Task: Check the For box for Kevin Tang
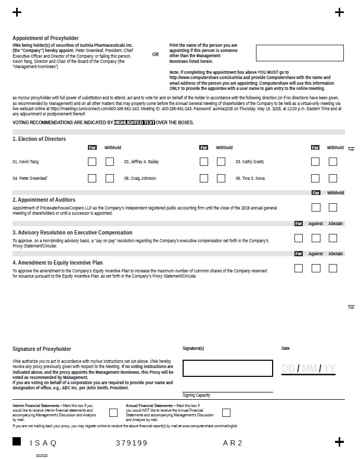tap(92, 162)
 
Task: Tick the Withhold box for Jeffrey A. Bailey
tap(221, 162)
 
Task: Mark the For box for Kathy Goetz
tap(315, 162)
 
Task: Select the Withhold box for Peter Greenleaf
tap(110, 178)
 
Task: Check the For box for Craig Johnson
tap(204, 178)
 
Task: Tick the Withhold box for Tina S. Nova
tap(333, 178)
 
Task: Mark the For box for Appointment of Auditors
tap(315, 207)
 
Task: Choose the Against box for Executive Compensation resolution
tap(316, 238)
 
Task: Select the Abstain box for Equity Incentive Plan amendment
tap(333, 268)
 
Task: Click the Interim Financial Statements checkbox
tap(113, 413)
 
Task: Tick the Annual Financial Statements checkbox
tap(226, 413)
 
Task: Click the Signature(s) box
tap(227, 368)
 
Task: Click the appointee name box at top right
tap(300, 53)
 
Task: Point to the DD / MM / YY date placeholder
tap(308, 369)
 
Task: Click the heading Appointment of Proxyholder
tap(46, 38)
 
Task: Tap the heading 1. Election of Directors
tap(40, 139)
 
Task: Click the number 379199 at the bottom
tap(132, 443)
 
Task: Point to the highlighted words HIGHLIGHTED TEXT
tap(134, 123)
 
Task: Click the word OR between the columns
tap(156, 55)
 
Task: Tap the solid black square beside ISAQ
tap(17, 442)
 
